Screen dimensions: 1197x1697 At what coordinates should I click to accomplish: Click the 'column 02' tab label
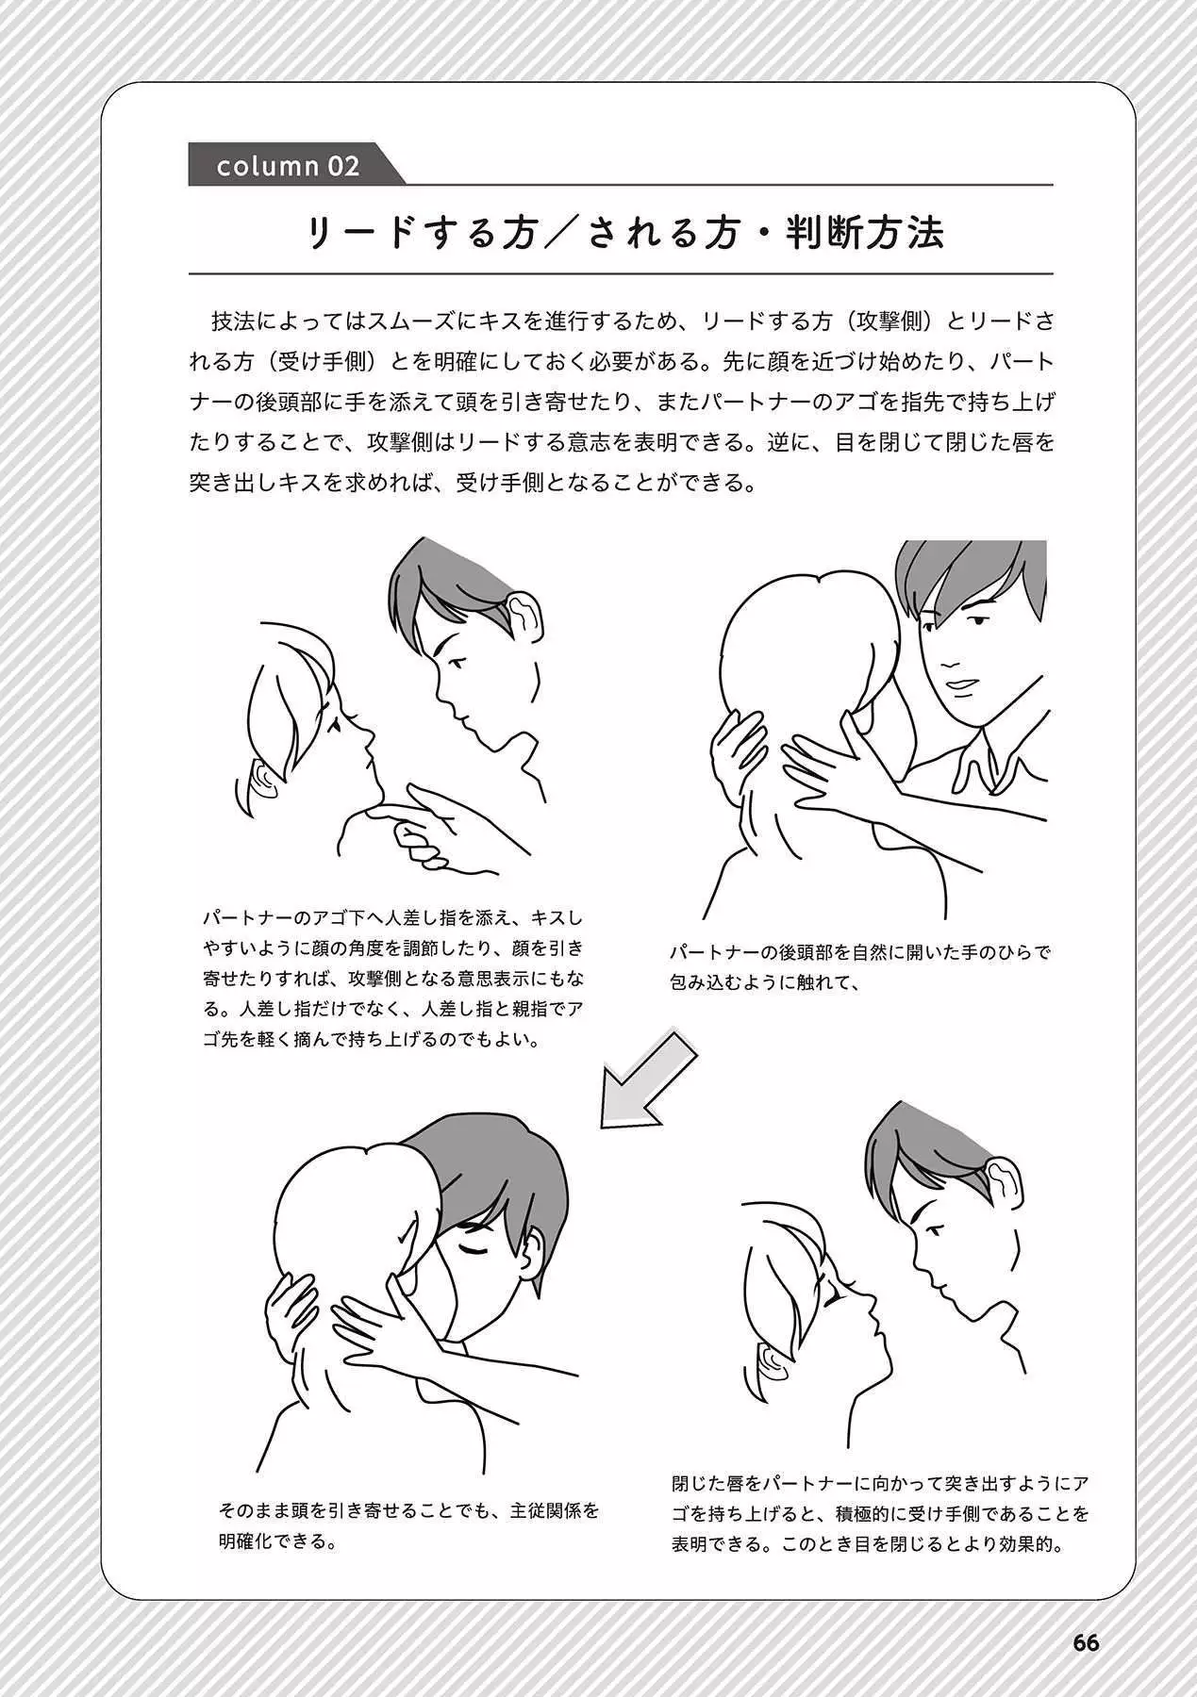pos(288,166)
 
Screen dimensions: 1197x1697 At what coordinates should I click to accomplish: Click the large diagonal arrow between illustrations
pos(650,1078)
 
